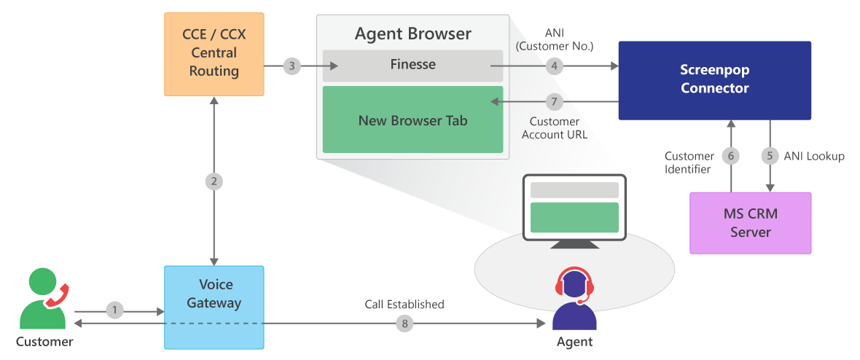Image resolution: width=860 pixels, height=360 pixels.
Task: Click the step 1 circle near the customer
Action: pos(114,310)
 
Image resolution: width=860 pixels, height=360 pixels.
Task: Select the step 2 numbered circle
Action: pos(214,181)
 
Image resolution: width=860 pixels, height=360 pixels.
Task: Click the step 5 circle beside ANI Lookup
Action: pos(770,156)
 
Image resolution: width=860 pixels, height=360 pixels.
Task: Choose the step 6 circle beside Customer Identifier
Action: pos(731,156)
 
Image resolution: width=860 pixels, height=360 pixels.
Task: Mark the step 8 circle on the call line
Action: pos(405,324)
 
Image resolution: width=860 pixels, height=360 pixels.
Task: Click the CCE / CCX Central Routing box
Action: pos(214,54)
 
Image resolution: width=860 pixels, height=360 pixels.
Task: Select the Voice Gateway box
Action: pos(214,307)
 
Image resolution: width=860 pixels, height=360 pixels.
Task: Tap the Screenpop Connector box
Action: pos(714,80)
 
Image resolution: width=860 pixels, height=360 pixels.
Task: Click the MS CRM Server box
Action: pos(750,223)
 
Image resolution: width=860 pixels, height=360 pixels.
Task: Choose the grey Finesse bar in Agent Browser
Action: pos(413,65)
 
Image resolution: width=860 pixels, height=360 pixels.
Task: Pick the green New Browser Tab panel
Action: pos(413,120)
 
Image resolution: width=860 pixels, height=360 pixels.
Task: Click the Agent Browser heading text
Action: pos(413,34)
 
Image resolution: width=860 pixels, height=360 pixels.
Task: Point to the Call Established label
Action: pos(404,304)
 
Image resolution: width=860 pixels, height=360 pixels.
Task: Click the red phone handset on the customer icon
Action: pos(56,291)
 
